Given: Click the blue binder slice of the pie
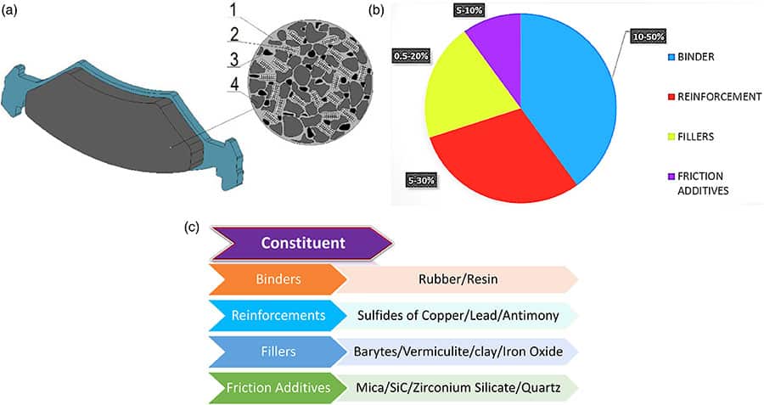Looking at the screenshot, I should point(569,93).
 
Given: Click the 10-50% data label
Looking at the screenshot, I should point(649,37).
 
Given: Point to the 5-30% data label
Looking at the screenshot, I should point(421,180).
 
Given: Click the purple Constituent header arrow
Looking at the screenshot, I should point(301,243).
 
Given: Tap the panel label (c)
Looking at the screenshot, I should point(193,227).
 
